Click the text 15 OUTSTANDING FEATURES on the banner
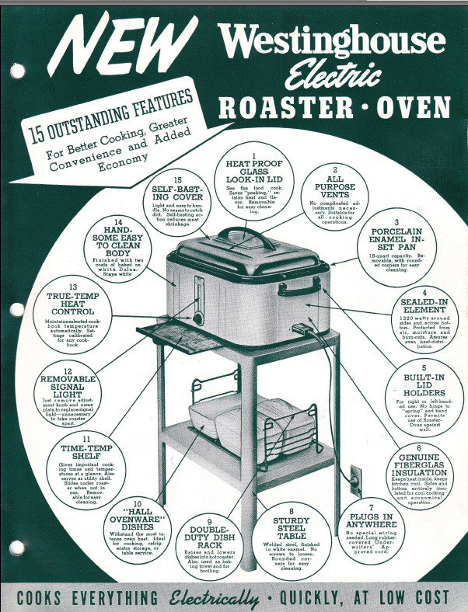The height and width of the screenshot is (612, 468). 109,115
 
